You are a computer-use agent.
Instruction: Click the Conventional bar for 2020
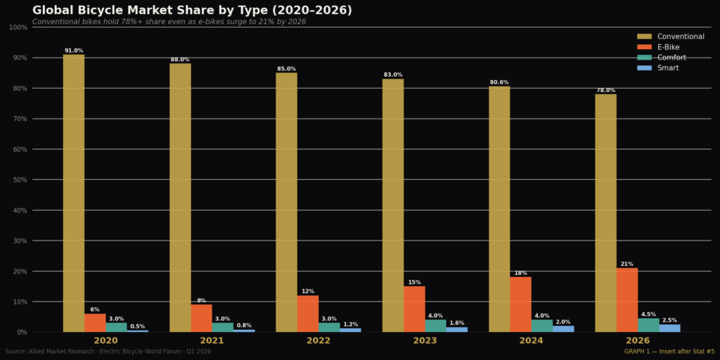click(x=73, y=193)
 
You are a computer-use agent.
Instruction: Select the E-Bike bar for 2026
click(x=626, y=300)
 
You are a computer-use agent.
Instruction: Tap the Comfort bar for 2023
click(x=435, y=326)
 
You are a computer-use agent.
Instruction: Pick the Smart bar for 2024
click(x=563, y=329)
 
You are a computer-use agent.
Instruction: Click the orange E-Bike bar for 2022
click(x=308, y=314)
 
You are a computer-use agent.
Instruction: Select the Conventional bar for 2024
click(x=499, y=209)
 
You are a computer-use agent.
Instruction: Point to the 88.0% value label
click(x=180, y=60)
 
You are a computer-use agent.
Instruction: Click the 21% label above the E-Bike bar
click(x=626, y=264)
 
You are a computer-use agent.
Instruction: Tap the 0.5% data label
click(x=137, y=326)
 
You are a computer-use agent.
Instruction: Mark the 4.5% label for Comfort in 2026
click(x=648, y=314)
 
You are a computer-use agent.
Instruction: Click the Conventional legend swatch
click(x=644, y=37)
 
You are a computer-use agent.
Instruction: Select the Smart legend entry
click(x=657, y=68)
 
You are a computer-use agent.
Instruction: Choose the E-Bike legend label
click(x=668, y=47)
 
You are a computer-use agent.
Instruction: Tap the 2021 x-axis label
click(x=212, y=341)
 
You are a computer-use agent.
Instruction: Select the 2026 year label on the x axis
click(x=637, y=341)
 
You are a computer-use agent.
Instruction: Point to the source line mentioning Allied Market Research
click(x=108, y=352)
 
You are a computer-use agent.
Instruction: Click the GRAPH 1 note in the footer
click(x=670, y=352)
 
